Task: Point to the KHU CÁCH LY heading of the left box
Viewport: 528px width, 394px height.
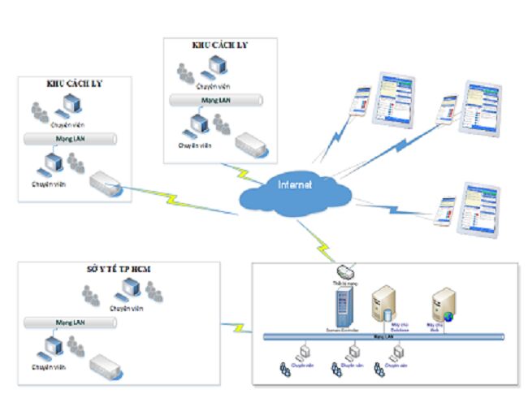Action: coord(75,84)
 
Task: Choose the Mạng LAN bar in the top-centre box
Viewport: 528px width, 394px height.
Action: coord(216,101)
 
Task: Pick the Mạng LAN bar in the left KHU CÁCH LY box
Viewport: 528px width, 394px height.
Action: coord(72,138)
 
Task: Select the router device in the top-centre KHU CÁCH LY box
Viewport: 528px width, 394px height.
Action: coord(252,145)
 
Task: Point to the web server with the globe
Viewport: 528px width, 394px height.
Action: coord(442,305)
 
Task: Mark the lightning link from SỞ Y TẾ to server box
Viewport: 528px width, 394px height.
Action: coord(238,327)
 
